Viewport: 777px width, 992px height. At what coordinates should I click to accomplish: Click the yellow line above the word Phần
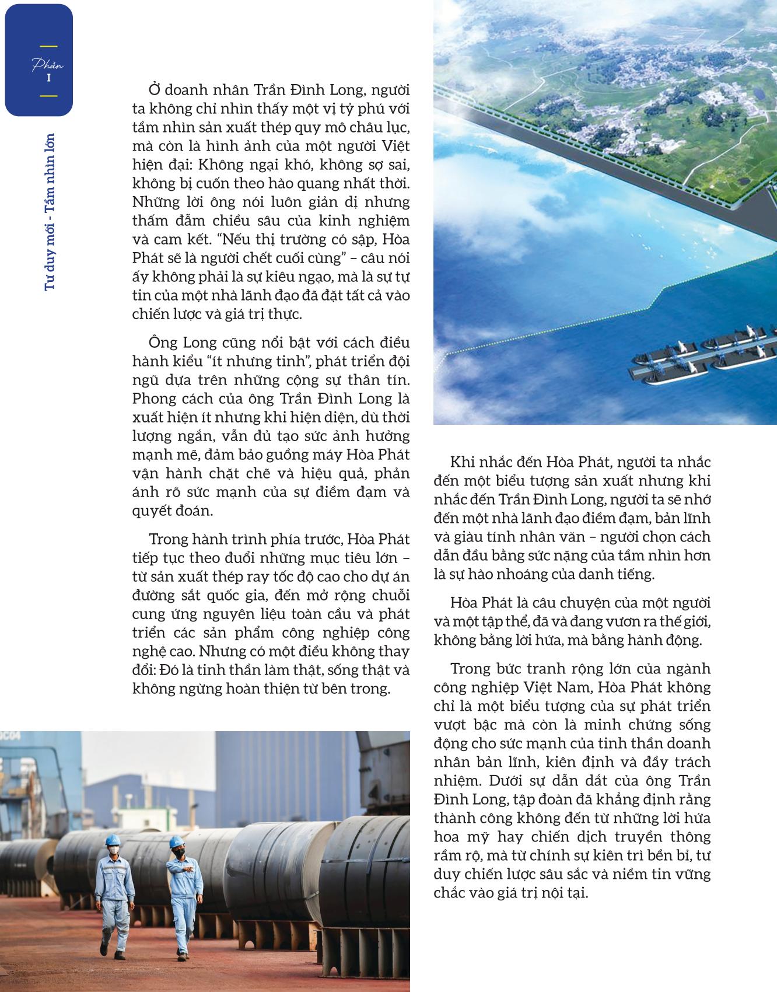(48, 46)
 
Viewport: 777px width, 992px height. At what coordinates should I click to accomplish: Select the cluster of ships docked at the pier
(703, 359)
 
